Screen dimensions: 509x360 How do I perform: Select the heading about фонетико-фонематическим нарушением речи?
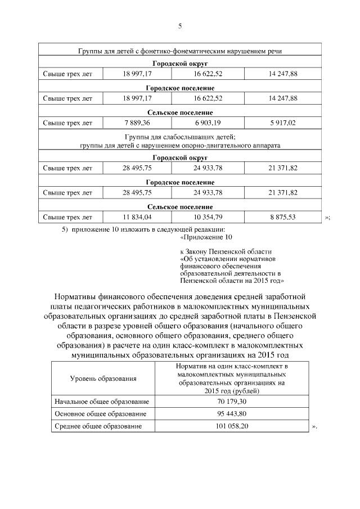click(179, 51)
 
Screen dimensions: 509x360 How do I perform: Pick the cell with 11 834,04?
click(137, 217)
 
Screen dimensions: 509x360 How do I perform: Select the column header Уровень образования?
click(103, 379)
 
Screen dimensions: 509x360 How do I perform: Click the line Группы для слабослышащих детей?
click(179, 137)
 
